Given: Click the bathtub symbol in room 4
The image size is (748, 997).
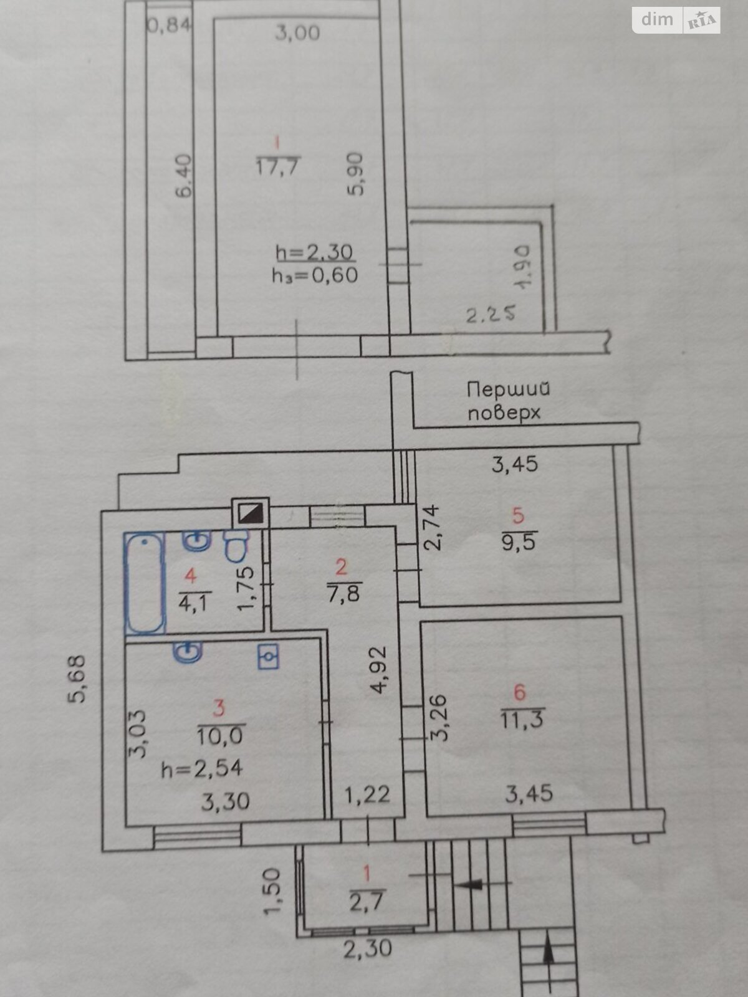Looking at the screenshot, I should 145,583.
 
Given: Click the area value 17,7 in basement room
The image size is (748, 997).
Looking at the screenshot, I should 278,166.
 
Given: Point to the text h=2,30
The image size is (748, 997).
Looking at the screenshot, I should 314,252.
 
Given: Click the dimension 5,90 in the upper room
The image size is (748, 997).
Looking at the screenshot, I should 357,175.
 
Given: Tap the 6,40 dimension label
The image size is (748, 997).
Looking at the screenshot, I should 185,176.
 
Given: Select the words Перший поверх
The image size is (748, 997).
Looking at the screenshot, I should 507,401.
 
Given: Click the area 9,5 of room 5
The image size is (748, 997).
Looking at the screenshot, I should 519,541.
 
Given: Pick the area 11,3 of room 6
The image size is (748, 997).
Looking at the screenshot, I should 522,720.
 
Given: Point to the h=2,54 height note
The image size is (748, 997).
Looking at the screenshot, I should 202,768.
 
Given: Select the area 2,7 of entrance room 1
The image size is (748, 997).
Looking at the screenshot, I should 367,901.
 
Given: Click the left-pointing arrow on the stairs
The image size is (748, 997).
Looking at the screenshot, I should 472,883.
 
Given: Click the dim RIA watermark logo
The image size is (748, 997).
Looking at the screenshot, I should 676,21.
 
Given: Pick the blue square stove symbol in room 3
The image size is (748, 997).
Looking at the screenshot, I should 268,656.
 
